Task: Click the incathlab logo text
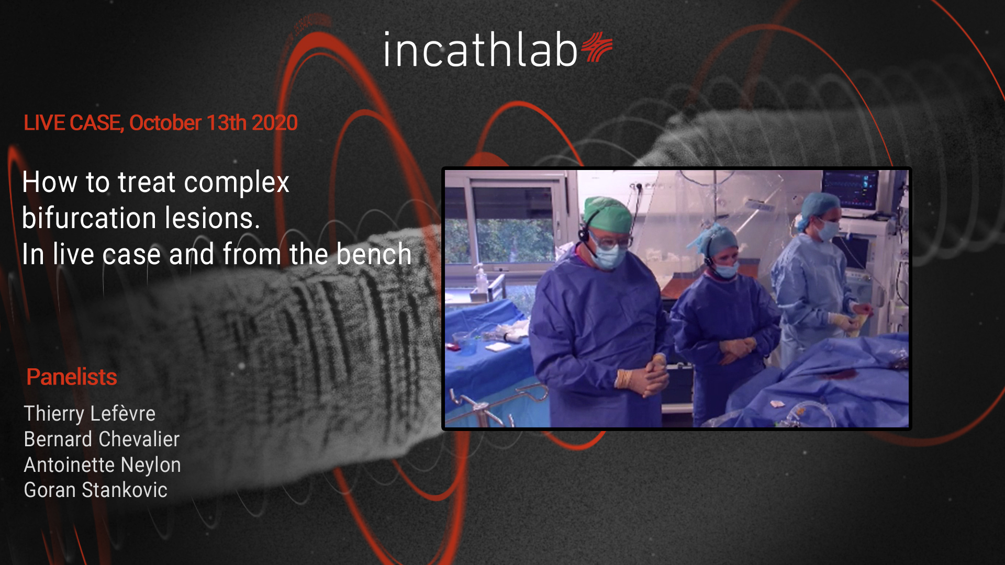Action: (x=480, y=50)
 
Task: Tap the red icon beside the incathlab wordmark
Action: (x=597, y=47)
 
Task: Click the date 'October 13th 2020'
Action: (x=213, y=123)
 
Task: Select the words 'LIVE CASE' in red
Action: (x=72, y=123)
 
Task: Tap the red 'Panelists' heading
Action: (x=72, y=377)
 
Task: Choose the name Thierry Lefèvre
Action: (x=90, y=413)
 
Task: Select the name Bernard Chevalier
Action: (x=102, y=439)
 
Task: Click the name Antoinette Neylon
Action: (x=103, y=465)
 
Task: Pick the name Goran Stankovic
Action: (x=96, y=490)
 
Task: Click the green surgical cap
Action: (x=608, y=213)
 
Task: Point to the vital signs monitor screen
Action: (x=850, y=190)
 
